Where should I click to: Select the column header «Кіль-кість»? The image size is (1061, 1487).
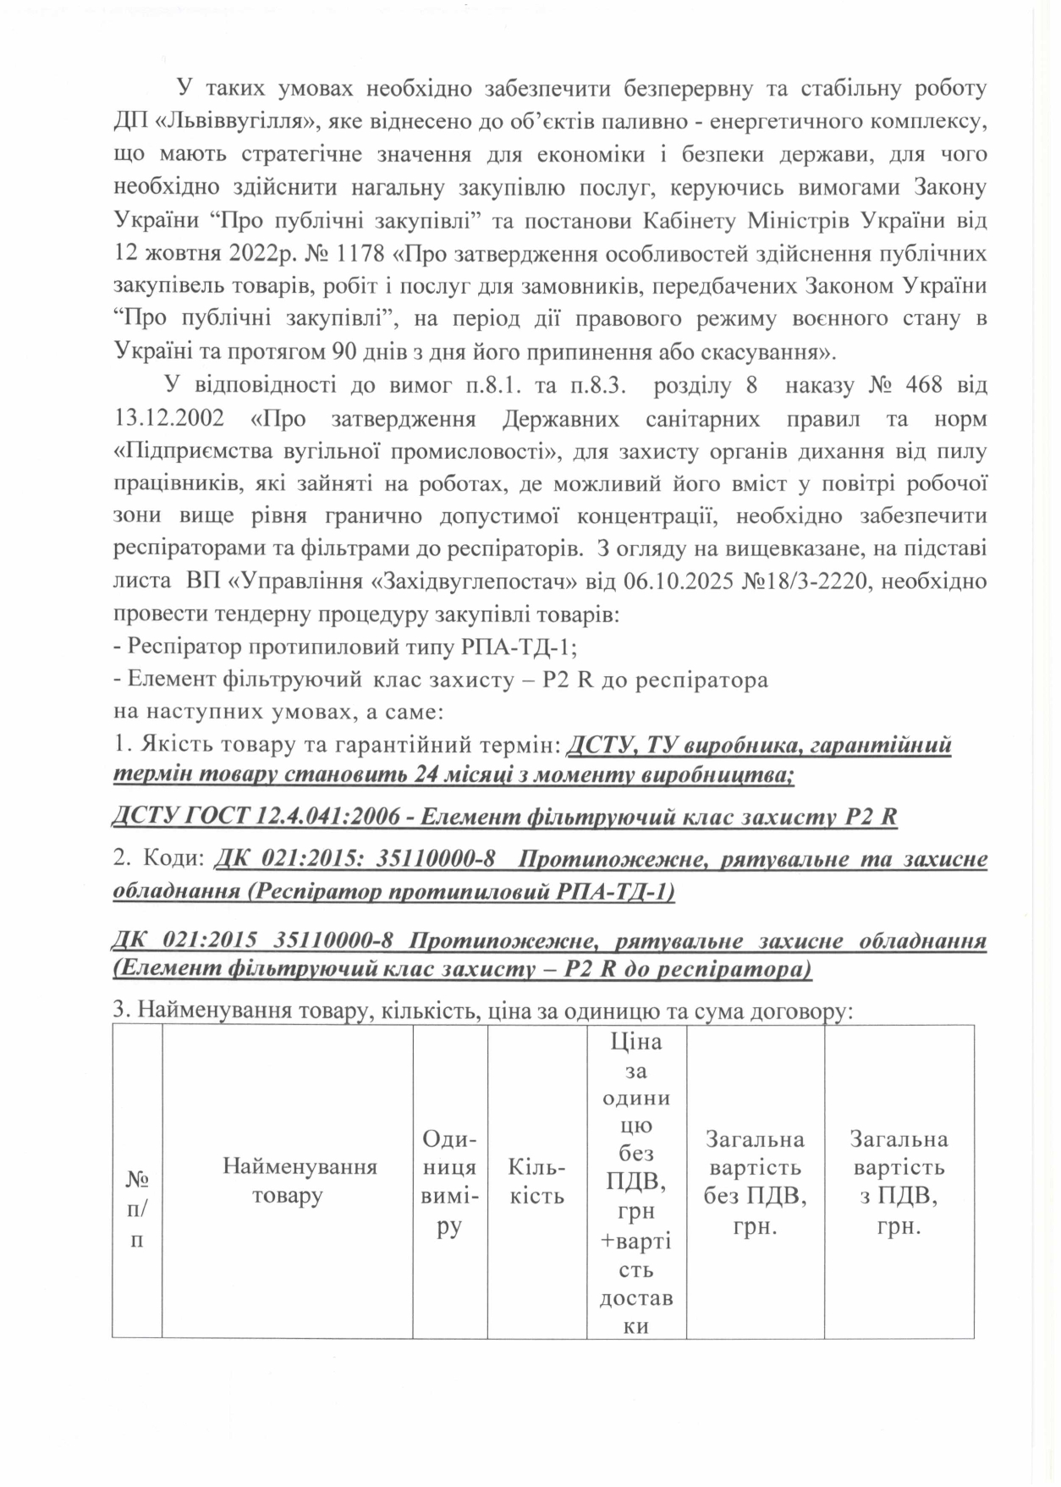(x=536, y=1181)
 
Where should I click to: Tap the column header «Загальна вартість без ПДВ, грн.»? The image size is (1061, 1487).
(x=755, y=1181)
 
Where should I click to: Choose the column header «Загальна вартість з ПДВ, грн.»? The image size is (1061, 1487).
(x=899, y=1181)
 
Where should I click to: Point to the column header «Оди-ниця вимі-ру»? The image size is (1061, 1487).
(x=450, y=1181)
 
